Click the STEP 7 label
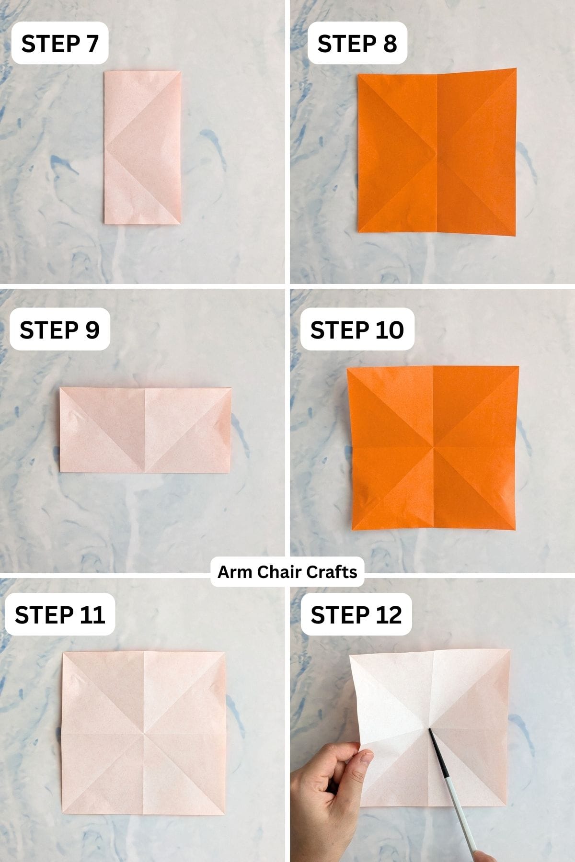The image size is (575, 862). click(59, 43)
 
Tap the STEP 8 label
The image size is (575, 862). click(357, 43)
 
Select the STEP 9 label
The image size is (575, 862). click(59, 329)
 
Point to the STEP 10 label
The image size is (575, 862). click(357, 329)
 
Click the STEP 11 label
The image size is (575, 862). click(59, 614)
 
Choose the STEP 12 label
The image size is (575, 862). click(356, 614)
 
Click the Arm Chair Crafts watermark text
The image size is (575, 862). click(287, 572)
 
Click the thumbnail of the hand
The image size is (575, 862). click(365, 758)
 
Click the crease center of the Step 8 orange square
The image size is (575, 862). click(437, 154)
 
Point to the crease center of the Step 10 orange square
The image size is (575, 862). click(433, 448)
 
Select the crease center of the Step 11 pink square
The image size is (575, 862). click(143, 733)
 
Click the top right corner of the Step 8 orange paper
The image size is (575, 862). click(516, 69)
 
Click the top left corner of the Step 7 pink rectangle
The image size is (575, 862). click(105, 72)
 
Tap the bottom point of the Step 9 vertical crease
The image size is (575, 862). click(145, 473)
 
